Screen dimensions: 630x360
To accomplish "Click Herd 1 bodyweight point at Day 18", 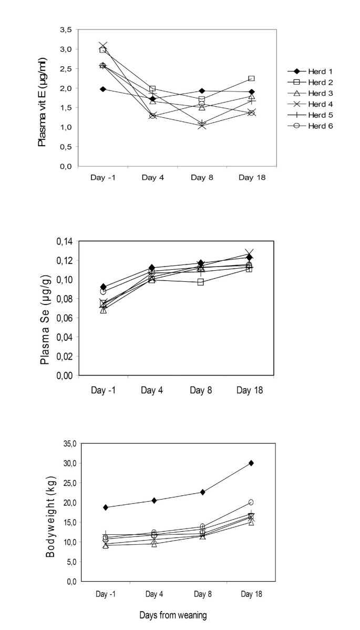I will pos(251,463).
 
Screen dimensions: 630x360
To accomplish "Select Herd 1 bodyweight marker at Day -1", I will pos(106,507).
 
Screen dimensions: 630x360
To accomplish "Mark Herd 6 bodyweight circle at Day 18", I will pos(251,502).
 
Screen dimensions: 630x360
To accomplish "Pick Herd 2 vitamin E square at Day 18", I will pos(251,78).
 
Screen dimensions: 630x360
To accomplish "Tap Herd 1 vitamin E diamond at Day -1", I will pos(103,89).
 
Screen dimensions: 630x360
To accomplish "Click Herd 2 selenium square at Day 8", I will pos(201,282).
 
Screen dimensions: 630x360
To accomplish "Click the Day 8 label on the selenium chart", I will pos(201,390).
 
